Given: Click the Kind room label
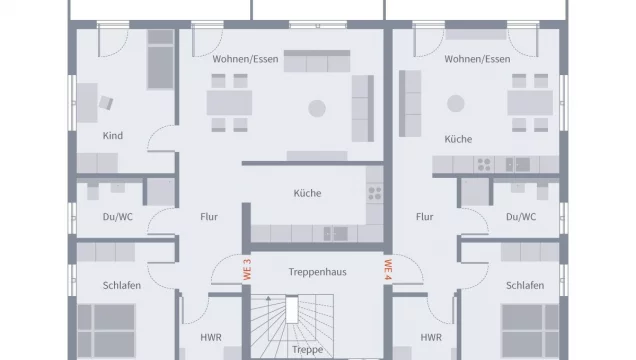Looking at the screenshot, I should pos(113,136).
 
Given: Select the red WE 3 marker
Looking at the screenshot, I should pos(246,268).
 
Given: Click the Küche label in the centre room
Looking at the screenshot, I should pos(308,193).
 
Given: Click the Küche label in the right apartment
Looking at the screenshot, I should pos(459,139).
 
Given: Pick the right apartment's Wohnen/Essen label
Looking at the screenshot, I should pos(477,59).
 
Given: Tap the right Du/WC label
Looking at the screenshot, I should pos(521,216).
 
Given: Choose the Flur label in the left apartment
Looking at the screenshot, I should pos(208,216).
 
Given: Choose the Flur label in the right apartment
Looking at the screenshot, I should pos(424,216).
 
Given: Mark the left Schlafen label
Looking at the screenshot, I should pos(122,285).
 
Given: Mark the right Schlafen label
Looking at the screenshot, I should pos(524,285).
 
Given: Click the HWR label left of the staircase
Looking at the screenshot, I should pos(211,337).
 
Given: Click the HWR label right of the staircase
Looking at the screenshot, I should pos(431,337).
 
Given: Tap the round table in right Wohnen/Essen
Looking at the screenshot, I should pos(457,101).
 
